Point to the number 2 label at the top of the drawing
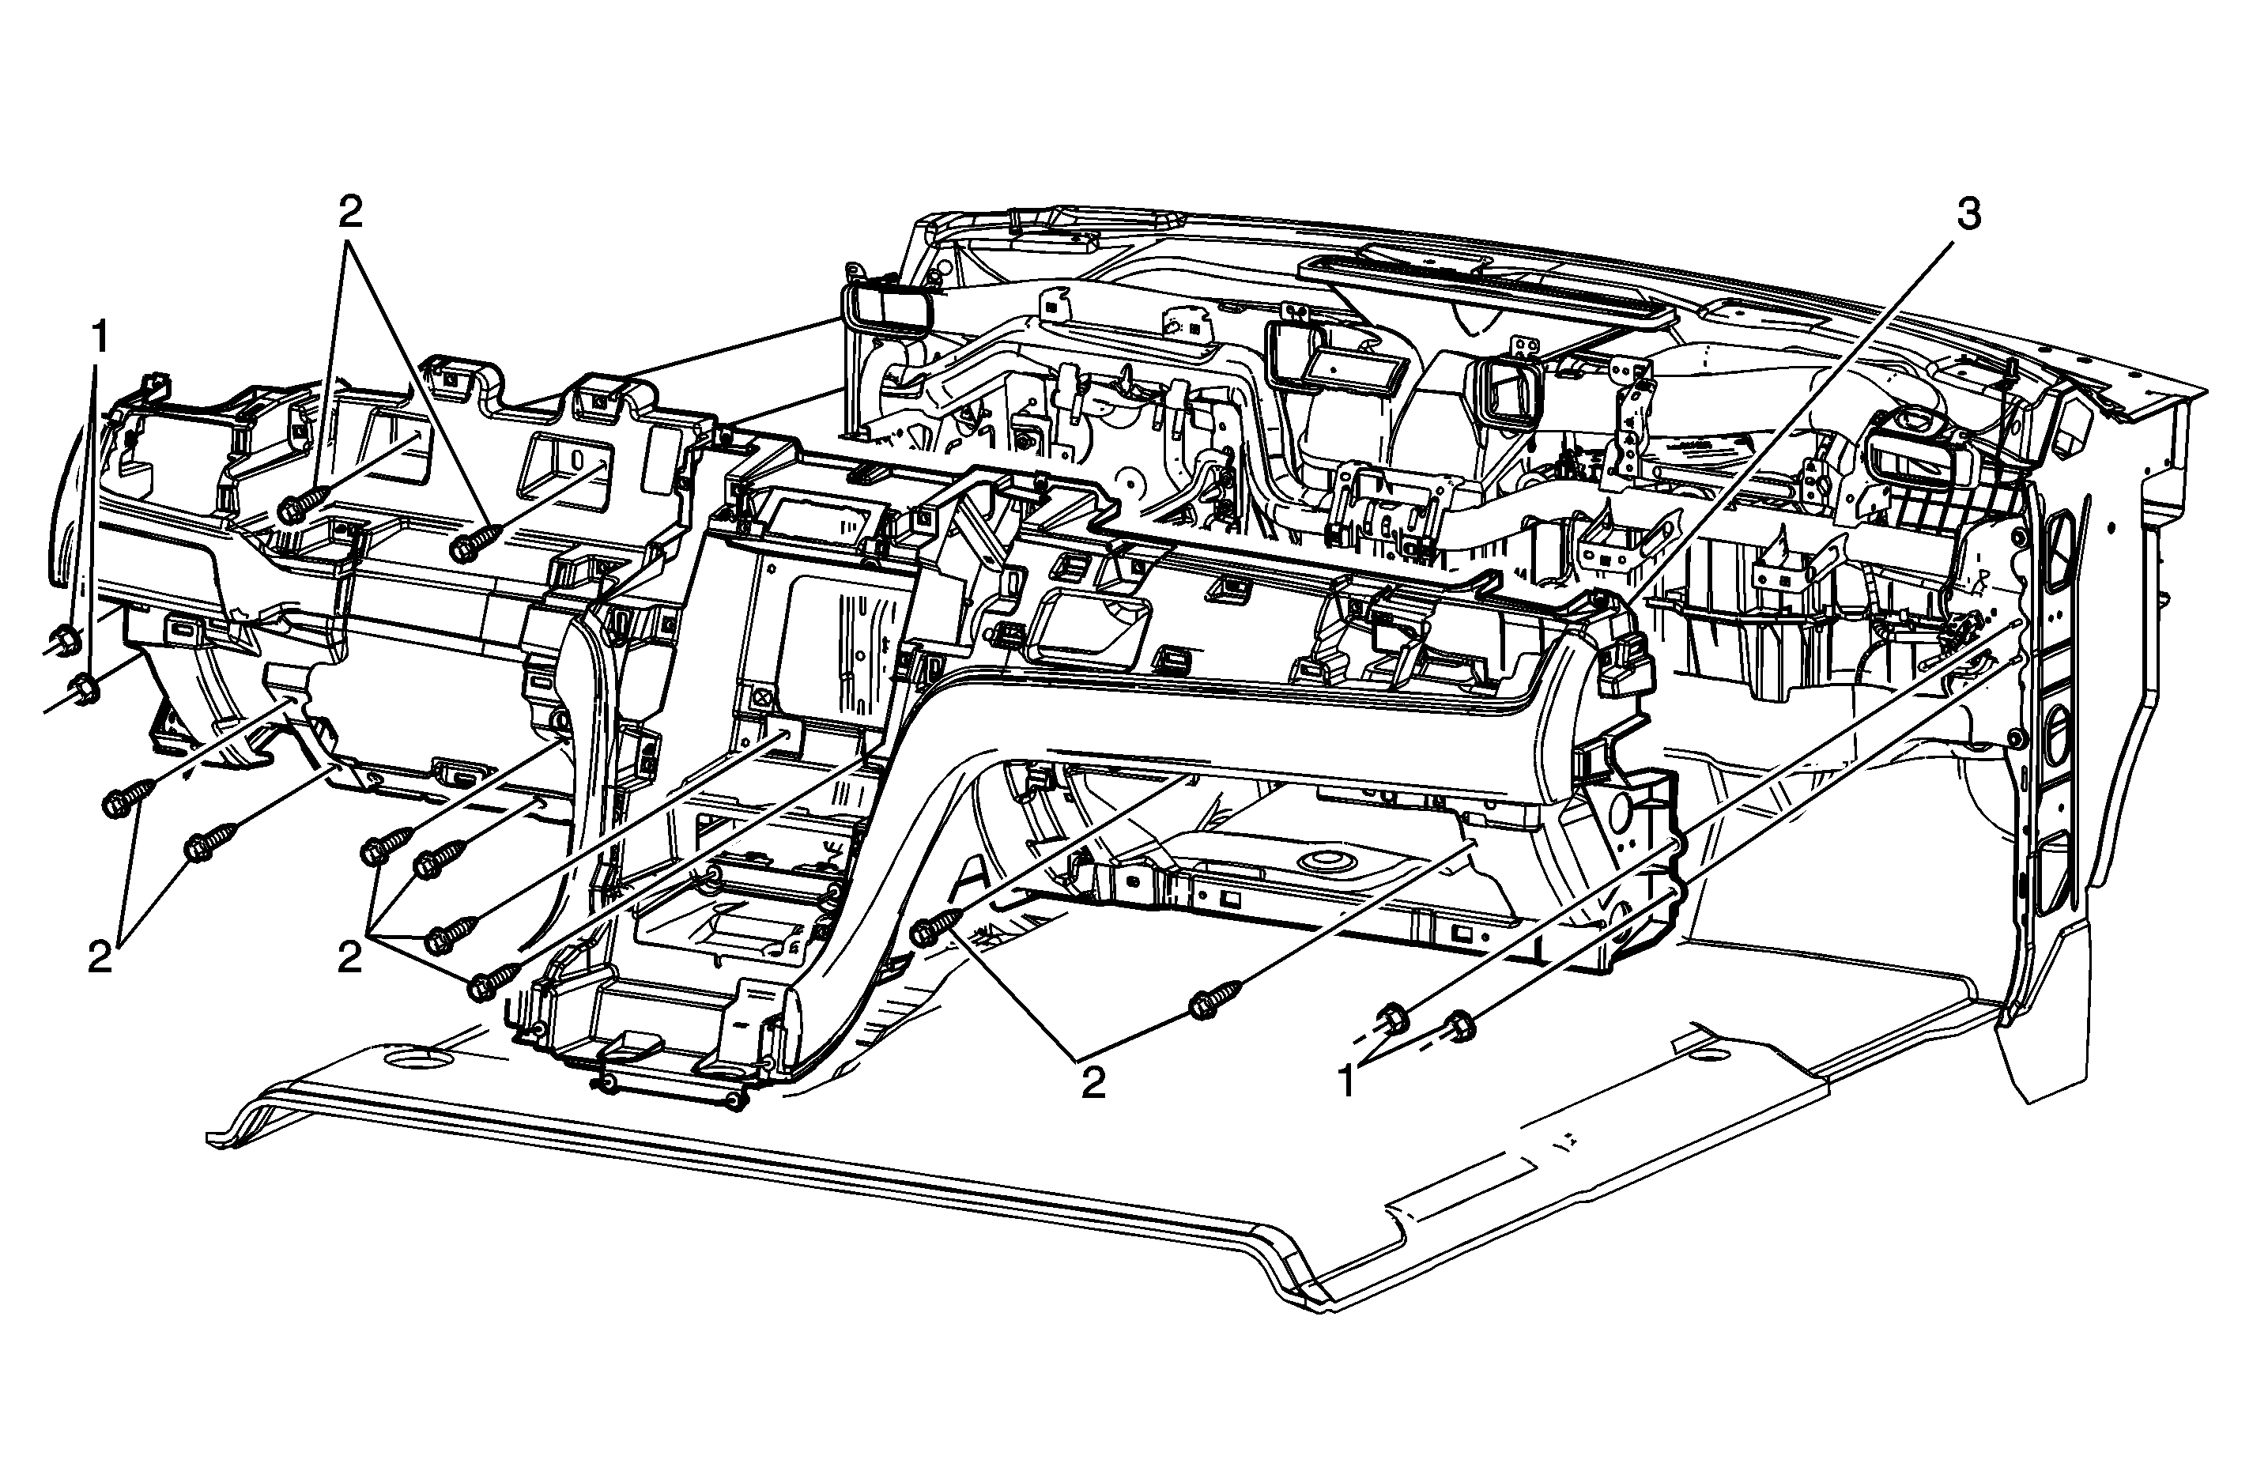click(x=350, y=213)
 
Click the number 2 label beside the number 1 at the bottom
click(x=1093, y=1083)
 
